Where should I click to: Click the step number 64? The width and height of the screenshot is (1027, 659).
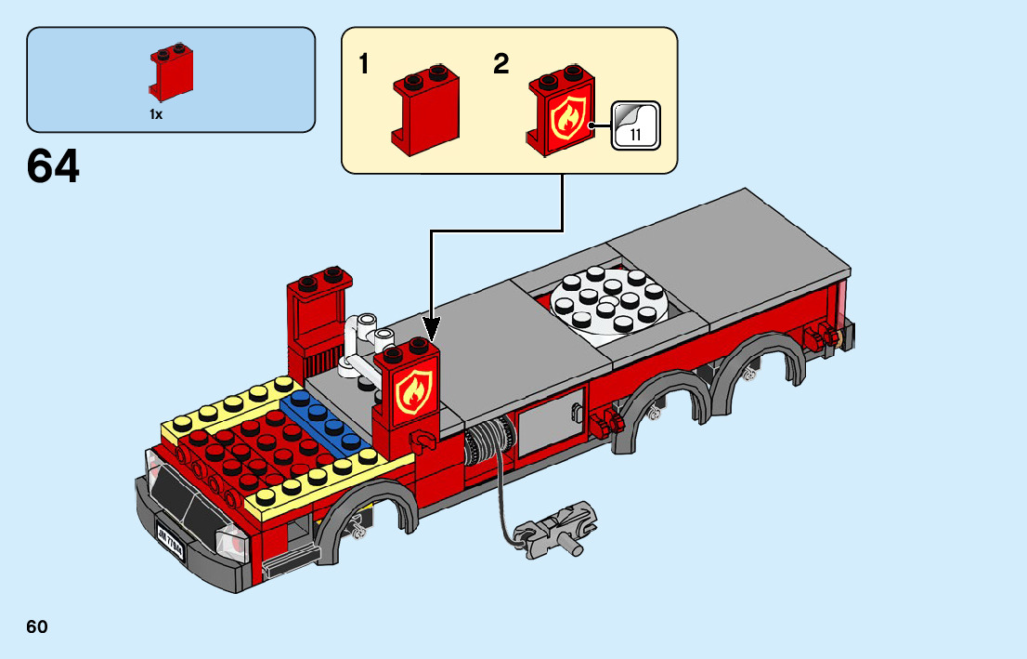(x=54, y=167)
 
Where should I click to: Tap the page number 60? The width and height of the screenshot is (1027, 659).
(x=37, y=627)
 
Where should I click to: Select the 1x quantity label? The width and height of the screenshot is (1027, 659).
(x=156, y=114)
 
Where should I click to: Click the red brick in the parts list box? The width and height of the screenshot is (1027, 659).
(x=171, y=73)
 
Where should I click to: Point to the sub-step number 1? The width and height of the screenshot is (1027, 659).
(x=365, y=65)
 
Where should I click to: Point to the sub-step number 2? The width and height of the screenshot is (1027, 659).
(x=501, y=64)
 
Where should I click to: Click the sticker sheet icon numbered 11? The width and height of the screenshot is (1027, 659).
(x=636, y=124)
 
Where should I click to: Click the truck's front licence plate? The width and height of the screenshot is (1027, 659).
(x=171, y=544)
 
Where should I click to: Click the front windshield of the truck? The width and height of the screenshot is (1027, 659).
(x=186, y=493)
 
